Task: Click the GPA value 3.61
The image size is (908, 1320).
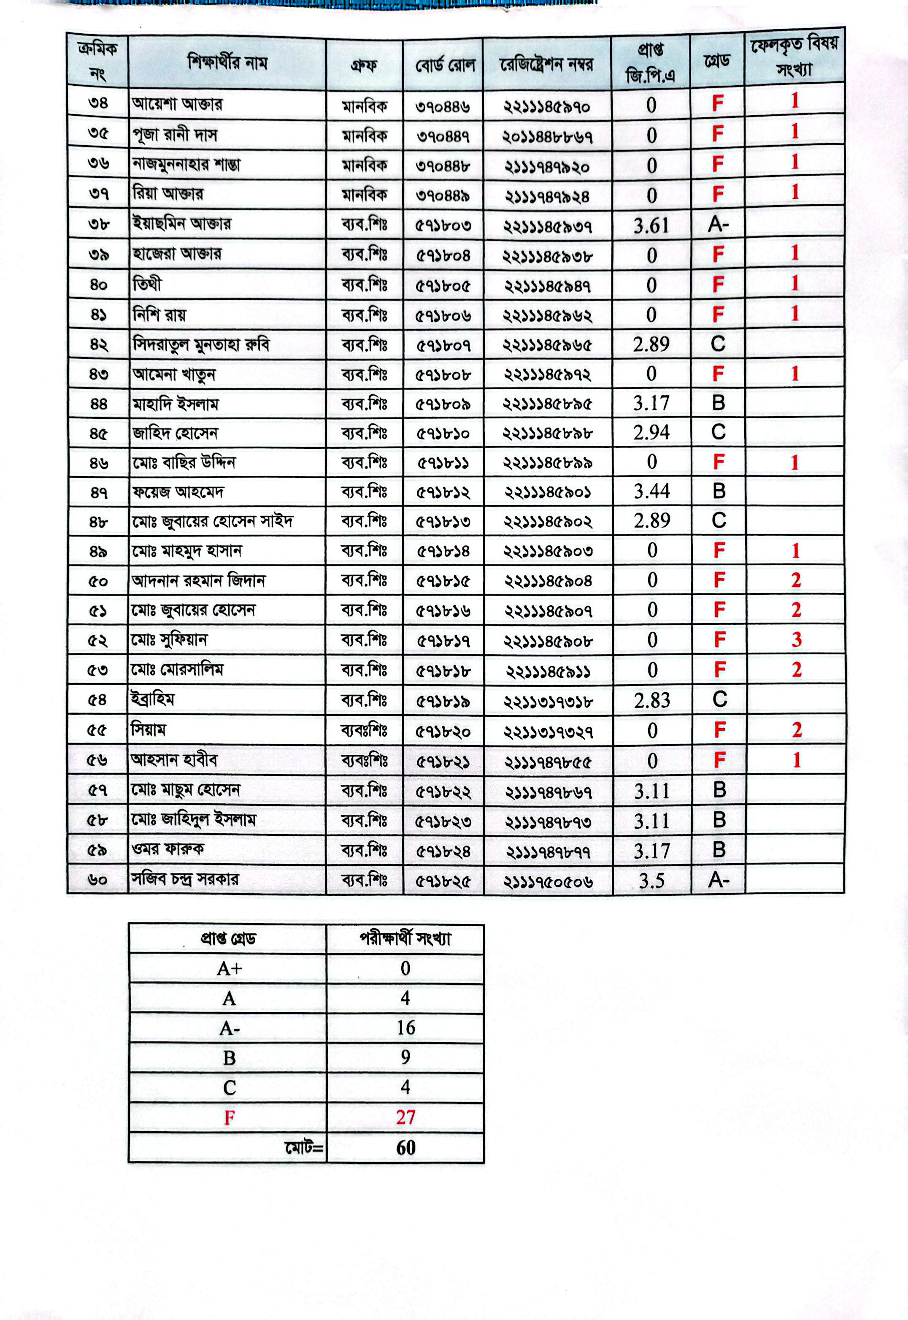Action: [651, 226]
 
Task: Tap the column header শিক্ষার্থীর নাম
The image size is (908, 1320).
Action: [227, 62]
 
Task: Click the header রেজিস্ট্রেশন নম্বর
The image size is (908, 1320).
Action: [546, 64]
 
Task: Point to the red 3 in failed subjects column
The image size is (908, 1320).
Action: [796, 640]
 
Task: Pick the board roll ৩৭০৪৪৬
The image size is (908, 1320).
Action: [443, 106]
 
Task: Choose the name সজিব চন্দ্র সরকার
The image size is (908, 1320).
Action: [185, 879]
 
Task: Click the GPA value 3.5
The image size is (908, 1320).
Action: [651, 881]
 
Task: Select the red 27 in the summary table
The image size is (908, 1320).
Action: [405, 1117]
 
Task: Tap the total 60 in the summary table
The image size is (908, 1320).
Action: [405, 1147]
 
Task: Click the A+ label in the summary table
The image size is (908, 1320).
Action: [229, 968]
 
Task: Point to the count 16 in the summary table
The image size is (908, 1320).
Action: [405, 1027]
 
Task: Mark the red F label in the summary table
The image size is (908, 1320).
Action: [229, 1118]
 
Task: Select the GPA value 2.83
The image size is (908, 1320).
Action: [651, 700]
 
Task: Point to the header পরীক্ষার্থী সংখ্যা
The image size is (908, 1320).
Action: [405, 939]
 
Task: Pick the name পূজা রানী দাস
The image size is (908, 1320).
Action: [175, 135]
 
